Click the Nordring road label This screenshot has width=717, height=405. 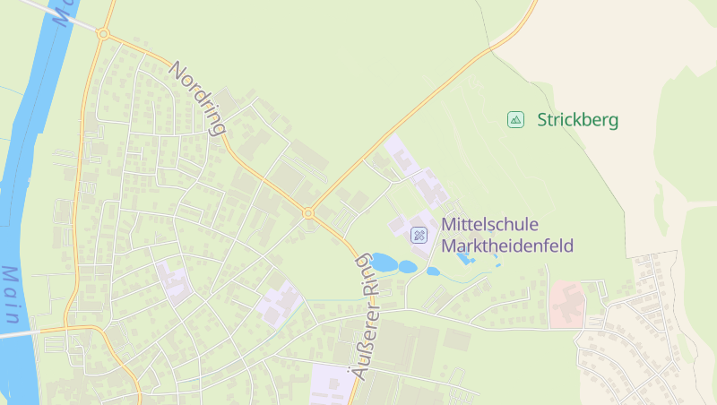pos(197,98)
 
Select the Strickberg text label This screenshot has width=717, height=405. pos(577,119)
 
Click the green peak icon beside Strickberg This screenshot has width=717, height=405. pos(515,119)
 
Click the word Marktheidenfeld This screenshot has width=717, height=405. pos(506,246)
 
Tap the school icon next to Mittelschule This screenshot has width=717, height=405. pos(419,235)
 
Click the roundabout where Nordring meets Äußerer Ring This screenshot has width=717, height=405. pos(308,213)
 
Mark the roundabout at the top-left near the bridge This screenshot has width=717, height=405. pos(103,35)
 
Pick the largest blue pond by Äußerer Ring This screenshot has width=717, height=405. pos(384,263)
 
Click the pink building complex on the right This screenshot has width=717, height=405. pos(567,302)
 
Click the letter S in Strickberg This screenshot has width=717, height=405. pos(542,119)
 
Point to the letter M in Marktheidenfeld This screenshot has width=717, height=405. pos(447,246)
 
